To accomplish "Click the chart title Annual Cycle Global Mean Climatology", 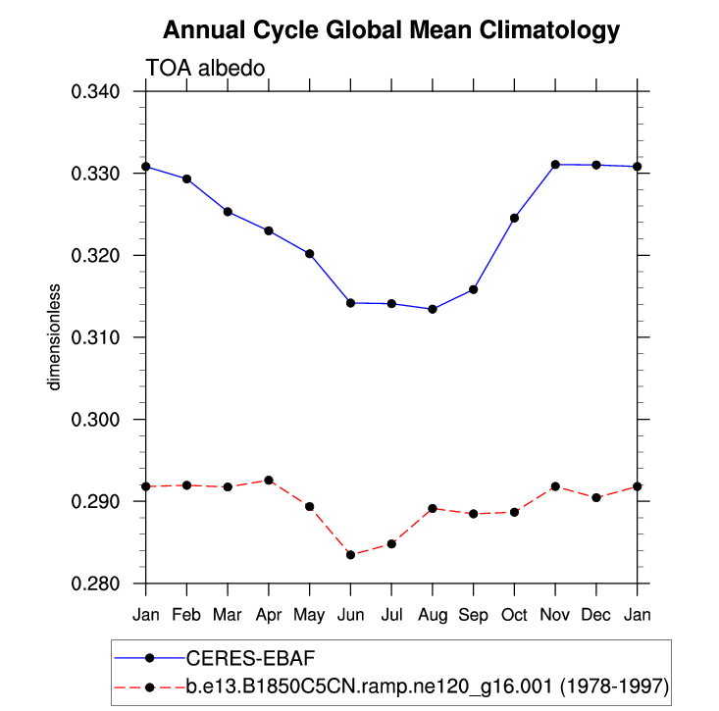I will (x=390, y=30).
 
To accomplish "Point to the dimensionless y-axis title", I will (x=56, y=337).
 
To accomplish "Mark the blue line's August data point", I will (x=433, y=309).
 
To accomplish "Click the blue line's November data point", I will (x=555, y=165).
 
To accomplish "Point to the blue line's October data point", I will (x=514, y=218).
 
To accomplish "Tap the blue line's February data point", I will (x=186, y=178).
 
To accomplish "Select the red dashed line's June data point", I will (x=350, y=555).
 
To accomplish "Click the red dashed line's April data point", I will (x=268, y=481).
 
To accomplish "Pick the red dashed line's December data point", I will (x=596, y=498).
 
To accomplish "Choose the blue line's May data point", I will (x=309, y=254).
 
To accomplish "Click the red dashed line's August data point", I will (x=433, y=508).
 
